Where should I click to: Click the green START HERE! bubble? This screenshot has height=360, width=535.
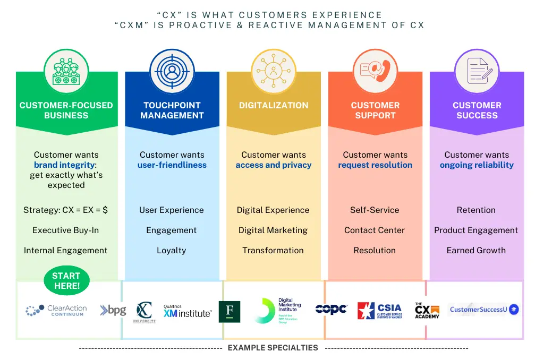pos(66,281)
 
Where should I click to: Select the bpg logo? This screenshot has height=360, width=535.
pos(113,310)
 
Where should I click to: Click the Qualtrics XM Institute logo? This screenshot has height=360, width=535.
pos(188,312)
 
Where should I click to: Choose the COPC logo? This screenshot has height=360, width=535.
pos(331,309)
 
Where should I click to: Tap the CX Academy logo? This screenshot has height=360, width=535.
pos(427,311)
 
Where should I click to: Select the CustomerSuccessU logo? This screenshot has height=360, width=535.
pos(484,309)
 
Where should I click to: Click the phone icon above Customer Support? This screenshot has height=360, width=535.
pos(375,71)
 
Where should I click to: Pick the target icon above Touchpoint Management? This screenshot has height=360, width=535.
pos(172,71)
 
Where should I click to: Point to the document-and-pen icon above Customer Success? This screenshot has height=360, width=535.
pos(477,71)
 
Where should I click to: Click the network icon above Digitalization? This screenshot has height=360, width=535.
pos(273,71)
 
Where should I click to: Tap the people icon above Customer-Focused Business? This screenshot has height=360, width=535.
pos(66,71)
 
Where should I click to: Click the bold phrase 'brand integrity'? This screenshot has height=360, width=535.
pos(64,165)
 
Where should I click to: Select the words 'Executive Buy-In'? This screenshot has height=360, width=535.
pos(66,230)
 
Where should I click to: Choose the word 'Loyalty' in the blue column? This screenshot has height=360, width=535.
pos(172,251)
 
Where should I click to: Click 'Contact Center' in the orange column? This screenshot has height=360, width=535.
pos(375,230)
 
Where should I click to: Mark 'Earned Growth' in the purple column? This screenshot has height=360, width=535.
pos(476,251)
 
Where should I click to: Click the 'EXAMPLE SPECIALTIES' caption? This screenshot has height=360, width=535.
pos(273,348)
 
